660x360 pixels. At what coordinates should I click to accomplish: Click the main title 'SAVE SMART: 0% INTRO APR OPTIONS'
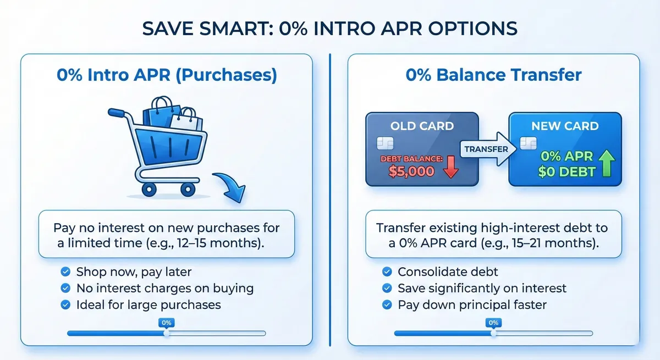(330, 29)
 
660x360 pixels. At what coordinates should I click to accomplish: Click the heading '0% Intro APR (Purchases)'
(167, 75)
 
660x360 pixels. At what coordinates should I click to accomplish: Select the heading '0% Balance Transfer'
(493, 75)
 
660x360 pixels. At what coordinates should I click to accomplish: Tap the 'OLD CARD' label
(422, 126)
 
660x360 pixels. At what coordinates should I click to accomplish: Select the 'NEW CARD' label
(565, 126)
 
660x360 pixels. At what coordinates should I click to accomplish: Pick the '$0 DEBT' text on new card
(566, 172)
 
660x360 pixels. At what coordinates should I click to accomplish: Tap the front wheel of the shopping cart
(188, 189)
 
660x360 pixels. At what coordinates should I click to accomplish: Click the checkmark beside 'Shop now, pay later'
(65, 272)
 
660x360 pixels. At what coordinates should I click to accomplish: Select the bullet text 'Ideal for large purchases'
(148, 304)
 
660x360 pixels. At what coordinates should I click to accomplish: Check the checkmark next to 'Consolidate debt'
(387, 272)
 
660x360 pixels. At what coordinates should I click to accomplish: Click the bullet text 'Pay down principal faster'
(472, 304)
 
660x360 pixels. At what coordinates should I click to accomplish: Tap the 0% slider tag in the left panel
(166, 323)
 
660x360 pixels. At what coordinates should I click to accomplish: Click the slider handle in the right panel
(493, 333)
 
